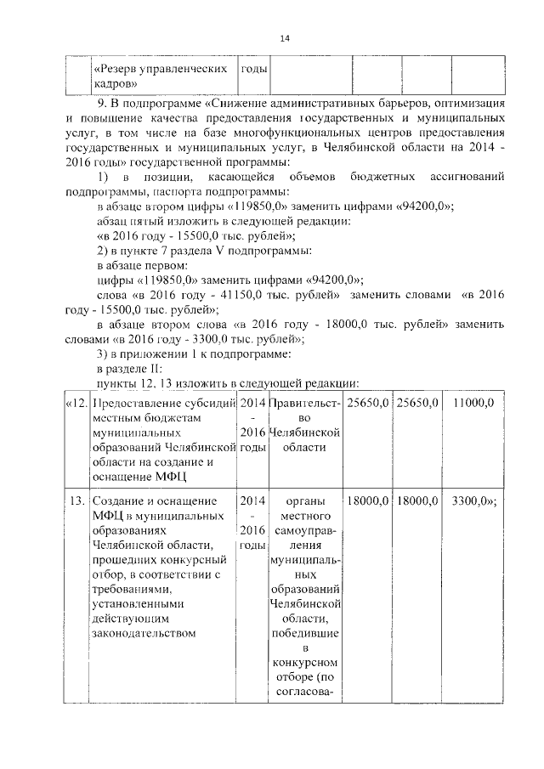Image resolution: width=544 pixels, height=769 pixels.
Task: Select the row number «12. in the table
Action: tap(76, 402)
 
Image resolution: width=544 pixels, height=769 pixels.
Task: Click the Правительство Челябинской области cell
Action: tap(305, 424)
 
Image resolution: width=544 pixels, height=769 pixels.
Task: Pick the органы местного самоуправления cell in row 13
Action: tap(305, 595)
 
